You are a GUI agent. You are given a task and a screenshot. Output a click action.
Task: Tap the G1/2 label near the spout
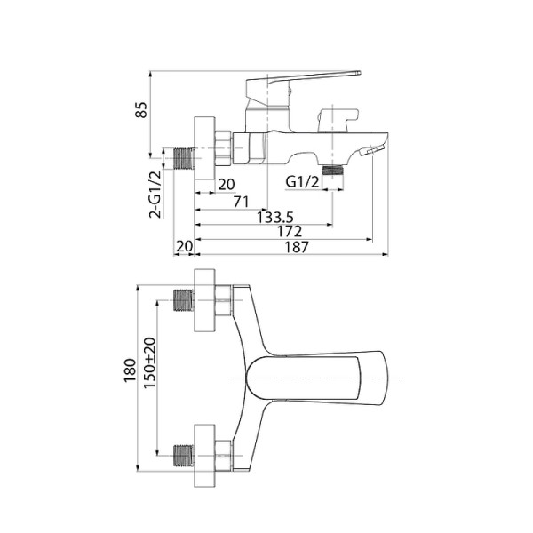[x=302, y=183]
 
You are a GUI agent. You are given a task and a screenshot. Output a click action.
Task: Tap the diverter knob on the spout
[x=336, y=115]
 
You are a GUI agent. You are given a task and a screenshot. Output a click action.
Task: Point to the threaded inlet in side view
[x=184, y=157]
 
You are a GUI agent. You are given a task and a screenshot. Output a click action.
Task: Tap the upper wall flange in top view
[x=203, y=301]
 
